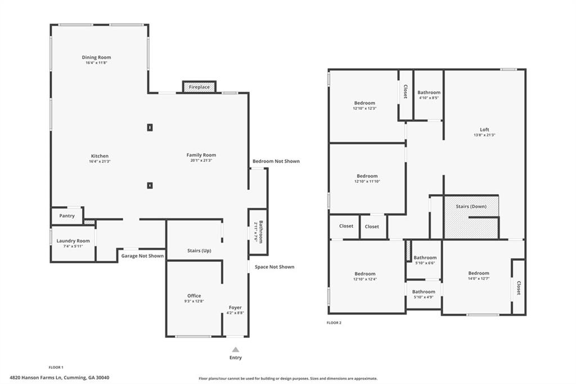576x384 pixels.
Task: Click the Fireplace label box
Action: point(199,87)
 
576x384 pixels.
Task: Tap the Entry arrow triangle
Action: point(235,349)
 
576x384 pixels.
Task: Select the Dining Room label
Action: point(96,57)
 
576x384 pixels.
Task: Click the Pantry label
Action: point(67,216)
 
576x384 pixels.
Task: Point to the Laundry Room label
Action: point(73,240)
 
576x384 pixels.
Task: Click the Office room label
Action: point(194,296)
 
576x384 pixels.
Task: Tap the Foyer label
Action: point(235,307)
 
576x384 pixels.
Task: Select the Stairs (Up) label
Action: point(199,251)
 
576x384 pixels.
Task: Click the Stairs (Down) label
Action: point(471,207)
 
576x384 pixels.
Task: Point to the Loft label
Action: point(484,130)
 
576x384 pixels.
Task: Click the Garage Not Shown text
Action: point(142,256)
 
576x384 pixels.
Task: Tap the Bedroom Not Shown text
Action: point(276,161)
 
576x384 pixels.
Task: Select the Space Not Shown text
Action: point(274,267)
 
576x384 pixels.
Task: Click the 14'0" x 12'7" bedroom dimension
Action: point(479,279)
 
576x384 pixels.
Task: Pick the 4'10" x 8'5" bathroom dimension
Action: point(429,98)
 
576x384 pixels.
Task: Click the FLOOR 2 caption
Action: point(334,323)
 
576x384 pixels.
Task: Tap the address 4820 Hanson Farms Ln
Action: point(59,378)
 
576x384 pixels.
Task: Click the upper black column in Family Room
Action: point(150,127)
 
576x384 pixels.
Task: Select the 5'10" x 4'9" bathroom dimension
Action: point(424,297)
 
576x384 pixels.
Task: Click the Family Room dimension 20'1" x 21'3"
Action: point(201,160)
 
